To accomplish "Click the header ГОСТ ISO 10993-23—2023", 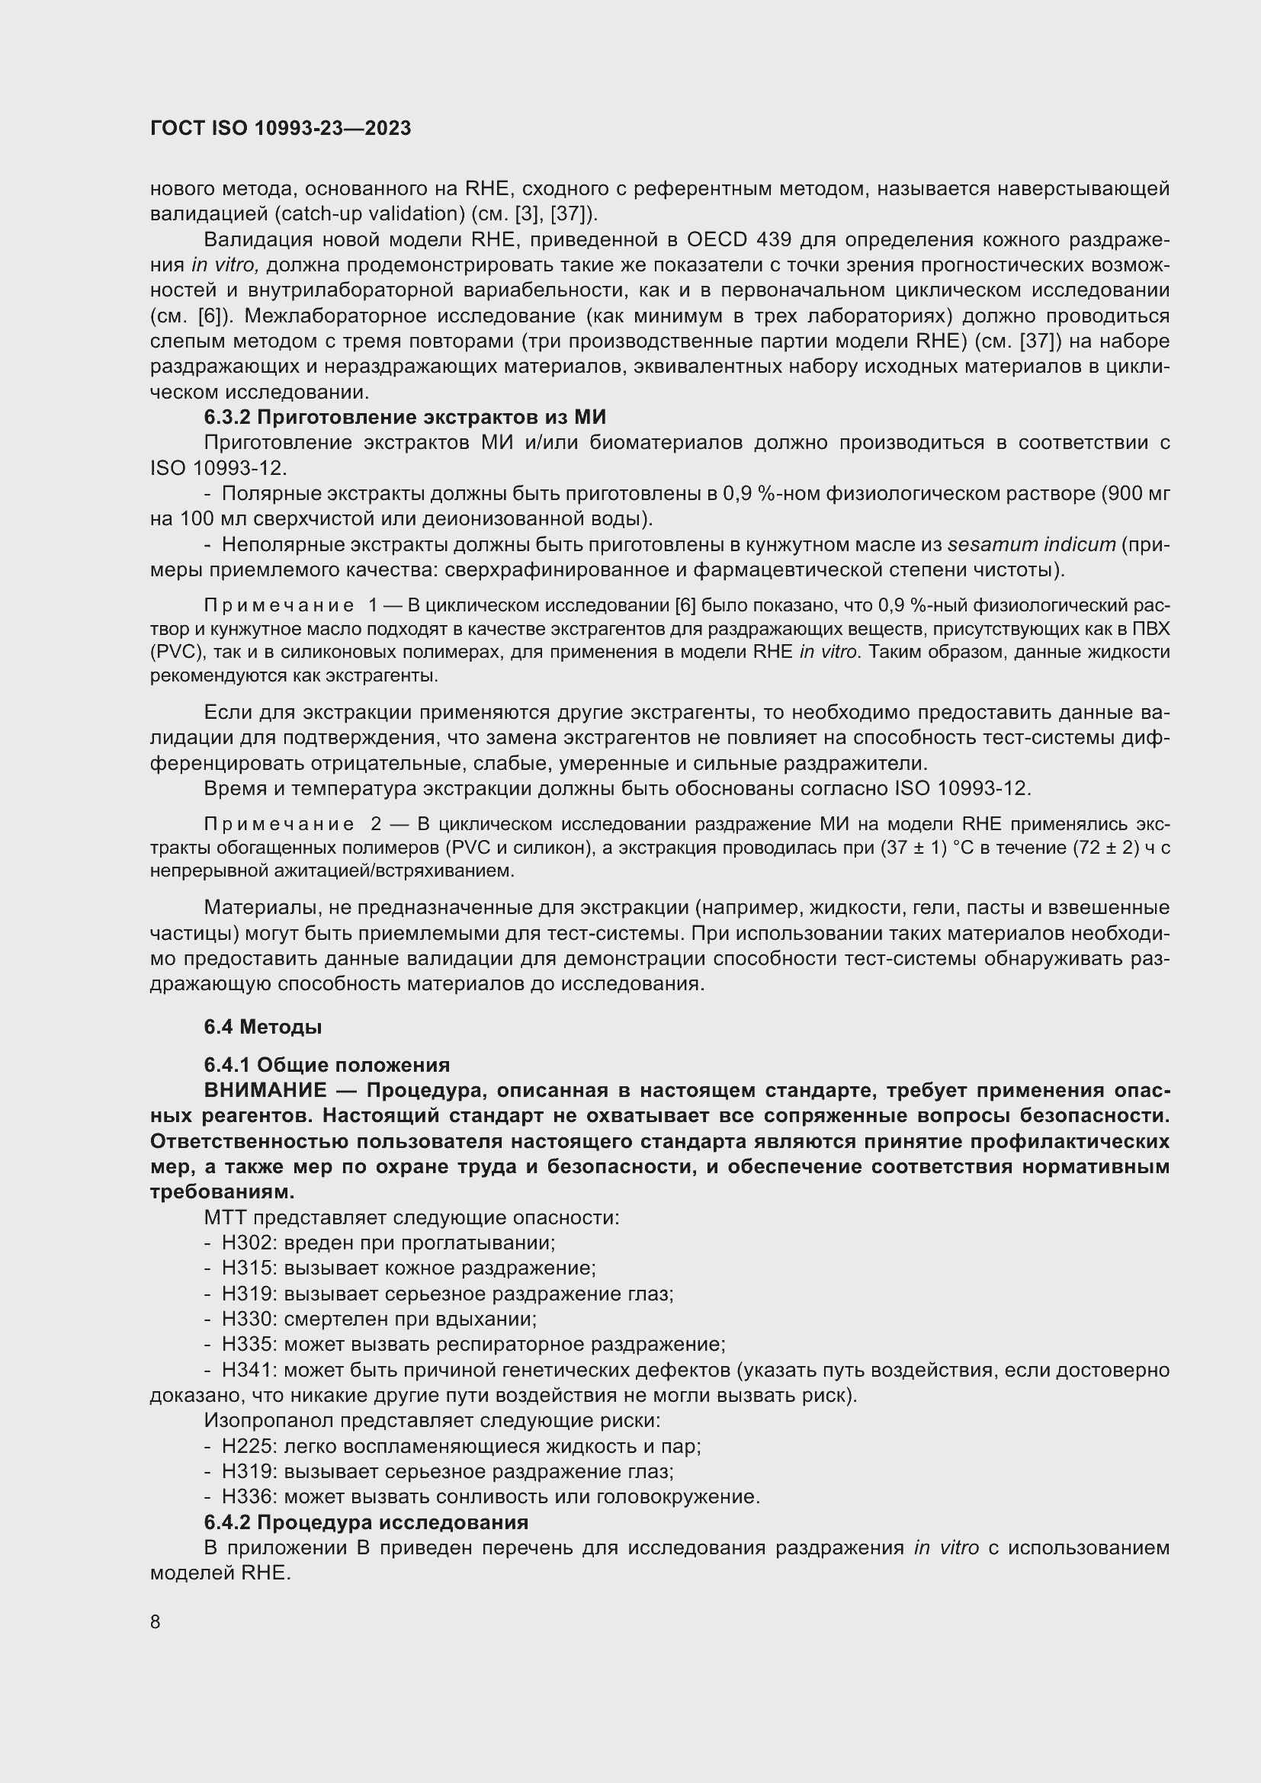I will [x=281, y=128].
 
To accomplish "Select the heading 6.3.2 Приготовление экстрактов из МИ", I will [x=405, y=417].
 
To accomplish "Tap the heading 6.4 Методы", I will [x=262, y=1027].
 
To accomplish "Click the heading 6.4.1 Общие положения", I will [x=326, y=1065].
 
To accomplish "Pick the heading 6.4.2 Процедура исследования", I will [x=366, y=1522].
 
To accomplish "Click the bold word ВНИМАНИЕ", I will [x=265, y=1090].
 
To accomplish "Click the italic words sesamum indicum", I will [x=1032, y=544].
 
